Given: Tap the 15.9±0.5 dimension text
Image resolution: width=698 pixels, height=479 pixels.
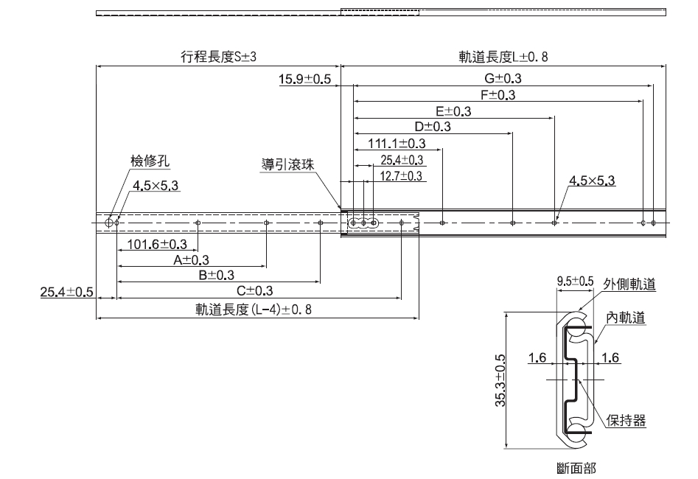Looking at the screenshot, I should [304, 80].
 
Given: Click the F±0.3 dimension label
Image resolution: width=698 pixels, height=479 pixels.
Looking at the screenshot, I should [498, 95].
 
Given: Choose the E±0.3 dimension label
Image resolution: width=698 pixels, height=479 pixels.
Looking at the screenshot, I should [453, 111].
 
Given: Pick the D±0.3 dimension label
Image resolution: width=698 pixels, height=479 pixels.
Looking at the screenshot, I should [433, 127].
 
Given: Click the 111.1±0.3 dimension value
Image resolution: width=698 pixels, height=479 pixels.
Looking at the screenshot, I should [397, 143].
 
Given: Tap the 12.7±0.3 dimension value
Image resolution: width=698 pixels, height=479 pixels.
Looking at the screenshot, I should [402, 176].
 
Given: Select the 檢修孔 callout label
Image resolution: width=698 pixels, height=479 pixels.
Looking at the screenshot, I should [139, 161].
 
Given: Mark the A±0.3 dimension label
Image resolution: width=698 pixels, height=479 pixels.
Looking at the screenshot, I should [192, 260].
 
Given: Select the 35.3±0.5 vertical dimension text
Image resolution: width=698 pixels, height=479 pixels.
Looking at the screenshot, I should [500, 380].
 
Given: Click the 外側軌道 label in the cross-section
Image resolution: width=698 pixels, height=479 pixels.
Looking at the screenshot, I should [629, 284].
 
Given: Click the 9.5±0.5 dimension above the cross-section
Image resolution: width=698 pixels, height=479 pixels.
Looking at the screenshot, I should [575, 281].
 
